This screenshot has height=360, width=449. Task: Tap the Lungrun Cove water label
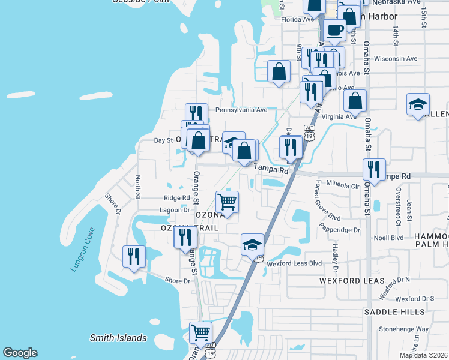coord(82,249)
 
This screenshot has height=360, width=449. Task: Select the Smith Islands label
coord(118,338)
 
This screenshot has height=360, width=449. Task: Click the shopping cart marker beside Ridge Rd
coord(227,202)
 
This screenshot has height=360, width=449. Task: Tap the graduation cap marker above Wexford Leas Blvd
coord(253,244)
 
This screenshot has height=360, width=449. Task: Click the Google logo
coord(20,353)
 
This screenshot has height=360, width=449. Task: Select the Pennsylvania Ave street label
coord(241,110)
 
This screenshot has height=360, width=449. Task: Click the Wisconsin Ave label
coord(395,59)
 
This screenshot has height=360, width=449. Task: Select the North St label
coord(137,187)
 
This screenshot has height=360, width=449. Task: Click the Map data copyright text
coord(423,355)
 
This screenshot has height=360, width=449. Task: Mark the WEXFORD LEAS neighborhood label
coord(348,281)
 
